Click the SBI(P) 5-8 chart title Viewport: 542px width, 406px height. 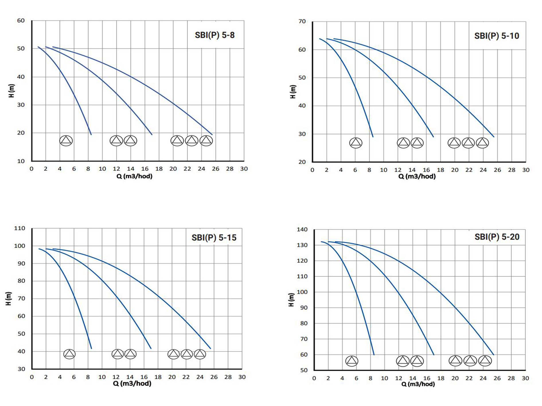coord(215,35)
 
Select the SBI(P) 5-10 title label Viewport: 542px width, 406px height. coord(496,36)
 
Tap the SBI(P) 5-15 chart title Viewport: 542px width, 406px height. coord(214,238)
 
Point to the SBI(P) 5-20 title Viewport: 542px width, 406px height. coord(497,237)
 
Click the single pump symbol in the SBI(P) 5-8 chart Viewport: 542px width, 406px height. coord(66,140)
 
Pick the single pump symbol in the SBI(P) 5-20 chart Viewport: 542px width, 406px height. coord(352,361)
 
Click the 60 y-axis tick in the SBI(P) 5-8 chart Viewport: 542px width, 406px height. coord(21,21)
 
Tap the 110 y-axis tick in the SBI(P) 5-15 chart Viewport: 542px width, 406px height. coord(20,228)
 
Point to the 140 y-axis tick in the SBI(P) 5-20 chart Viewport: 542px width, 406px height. coord(302,230)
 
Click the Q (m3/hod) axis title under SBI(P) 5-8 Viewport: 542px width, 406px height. coord(134,176)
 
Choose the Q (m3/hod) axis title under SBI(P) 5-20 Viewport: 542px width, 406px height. coord(418,384)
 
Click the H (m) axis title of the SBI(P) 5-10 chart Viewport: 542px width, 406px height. coord(293,92)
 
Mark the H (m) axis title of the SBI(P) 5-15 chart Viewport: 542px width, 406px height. coord(9,299)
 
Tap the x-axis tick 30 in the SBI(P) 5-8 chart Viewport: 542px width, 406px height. coord(244,169)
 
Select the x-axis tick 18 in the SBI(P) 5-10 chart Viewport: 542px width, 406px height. coord(440,170)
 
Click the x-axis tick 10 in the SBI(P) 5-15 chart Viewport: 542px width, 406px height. coord(102,377)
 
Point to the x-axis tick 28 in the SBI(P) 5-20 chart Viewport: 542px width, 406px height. coord(511,378)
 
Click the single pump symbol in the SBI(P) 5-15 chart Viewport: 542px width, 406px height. coord(69,354)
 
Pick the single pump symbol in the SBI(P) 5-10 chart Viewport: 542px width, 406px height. coord(356,143)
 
